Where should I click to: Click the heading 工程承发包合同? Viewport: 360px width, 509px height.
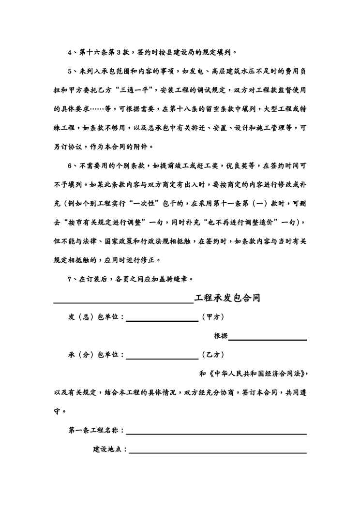coord(227,298)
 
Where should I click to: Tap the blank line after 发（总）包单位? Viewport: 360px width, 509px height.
coord(162,320)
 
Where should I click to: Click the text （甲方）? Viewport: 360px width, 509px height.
coord(212,317)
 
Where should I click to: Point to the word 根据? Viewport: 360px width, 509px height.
coord(221,336)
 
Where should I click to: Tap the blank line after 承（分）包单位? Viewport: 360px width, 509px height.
coord(162,358)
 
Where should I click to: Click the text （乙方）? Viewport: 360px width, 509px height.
coord(212,355)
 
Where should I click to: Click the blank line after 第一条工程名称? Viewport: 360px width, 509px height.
coord(216,433)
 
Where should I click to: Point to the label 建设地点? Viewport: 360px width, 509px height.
coord(110,449)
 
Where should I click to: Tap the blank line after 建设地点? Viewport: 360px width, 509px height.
coord(218,452)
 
